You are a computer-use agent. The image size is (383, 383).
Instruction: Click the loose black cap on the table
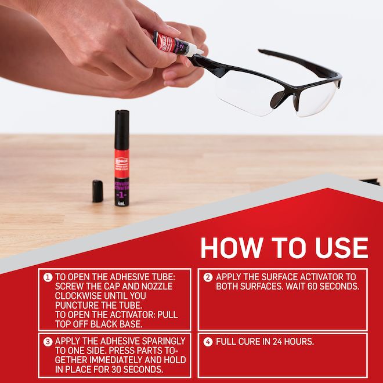click(x=97, y=191)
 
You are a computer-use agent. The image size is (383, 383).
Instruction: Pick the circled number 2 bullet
click(x=208, y=277)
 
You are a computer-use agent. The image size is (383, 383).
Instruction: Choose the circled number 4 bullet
click(x=208, y=341)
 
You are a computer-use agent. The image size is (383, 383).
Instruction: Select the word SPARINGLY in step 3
click(x=160, y=341)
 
